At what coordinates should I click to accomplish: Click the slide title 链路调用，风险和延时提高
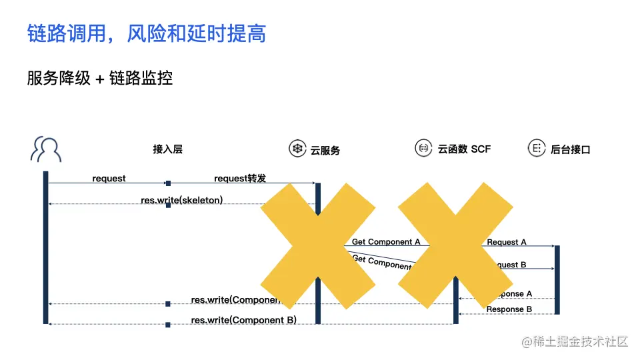147,33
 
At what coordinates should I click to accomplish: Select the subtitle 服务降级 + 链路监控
100,77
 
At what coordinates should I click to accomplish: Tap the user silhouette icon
45,149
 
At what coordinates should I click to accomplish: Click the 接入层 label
167,149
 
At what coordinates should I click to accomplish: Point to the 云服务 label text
325,150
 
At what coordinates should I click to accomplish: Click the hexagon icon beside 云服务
297,149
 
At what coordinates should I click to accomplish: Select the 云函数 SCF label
464,149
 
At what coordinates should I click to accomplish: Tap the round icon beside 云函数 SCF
423,148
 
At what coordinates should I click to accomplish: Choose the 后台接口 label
571,149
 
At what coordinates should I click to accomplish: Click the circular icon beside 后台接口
535,148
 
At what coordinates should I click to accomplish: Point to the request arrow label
109,179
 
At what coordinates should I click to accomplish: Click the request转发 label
240,179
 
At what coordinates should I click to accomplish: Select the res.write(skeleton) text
181,200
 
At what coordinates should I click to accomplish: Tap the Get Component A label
386,242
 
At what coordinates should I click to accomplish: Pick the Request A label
507,242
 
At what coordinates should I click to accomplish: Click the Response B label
509,309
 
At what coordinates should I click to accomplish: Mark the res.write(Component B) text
243,320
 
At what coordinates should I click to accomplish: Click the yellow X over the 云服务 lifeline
317,245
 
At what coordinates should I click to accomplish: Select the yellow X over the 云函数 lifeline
455,245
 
